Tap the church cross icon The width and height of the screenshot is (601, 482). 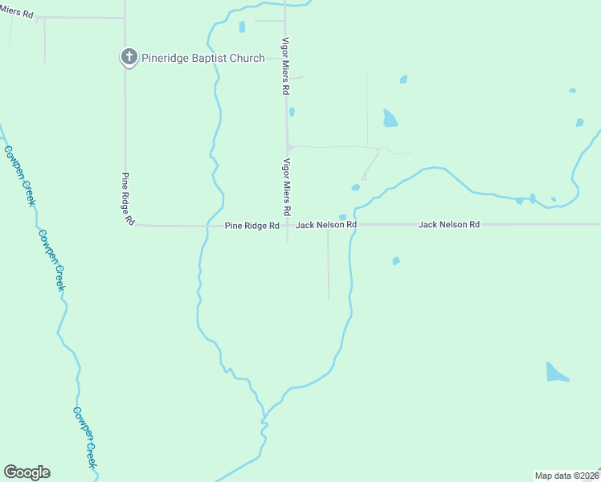click(x=128, y=57)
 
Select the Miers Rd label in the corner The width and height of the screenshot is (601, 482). click(x=17, y=13)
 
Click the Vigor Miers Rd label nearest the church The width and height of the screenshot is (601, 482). click(x=284, y=66)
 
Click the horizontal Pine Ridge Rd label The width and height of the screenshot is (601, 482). click(x=251, y=226)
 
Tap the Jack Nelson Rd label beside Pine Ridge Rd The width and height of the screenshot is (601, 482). click(x=325, y=226)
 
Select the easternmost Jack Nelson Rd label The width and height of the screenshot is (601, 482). click(x=448, y=225)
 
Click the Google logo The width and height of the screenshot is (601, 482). click(x=27, y=472)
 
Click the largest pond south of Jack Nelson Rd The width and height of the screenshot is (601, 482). click(x=556, y=373)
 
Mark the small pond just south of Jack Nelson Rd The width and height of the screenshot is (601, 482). click(x=395, y=260)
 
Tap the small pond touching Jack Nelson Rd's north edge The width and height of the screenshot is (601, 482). click(x=343, y=217)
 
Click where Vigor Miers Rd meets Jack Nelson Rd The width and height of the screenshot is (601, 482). click(x=287, y=225)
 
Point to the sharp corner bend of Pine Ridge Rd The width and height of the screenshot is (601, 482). click(x=128, y=224)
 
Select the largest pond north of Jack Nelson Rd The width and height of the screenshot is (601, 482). click(x=390, y=119)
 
